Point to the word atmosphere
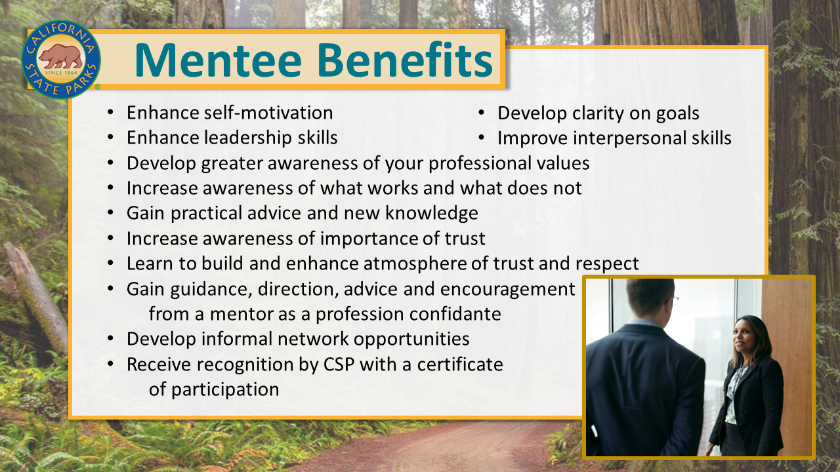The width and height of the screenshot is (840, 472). click(x=415, y=264)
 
